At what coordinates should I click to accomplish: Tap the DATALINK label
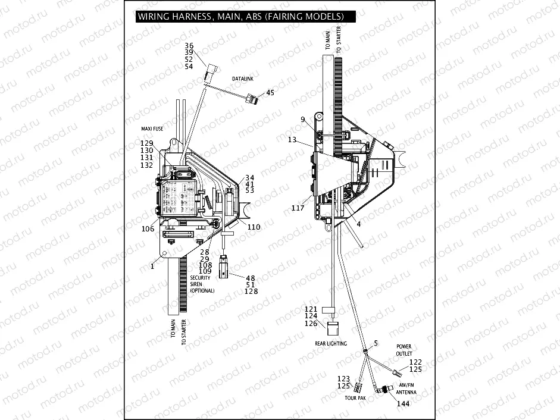243,78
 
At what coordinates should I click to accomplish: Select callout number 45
270,93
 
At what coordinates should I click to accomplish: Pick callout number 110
254,227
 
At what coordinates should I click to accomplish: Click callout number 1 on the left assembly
152,267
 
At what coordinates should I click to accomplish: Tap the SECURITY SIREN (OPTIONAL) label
202,284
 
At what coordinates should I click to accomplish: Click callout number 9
303,120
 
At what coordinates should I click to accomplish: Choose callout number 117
298,208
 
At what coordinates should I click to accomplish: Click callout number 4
358,224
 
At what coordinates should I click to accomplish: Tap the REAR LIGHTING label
331,343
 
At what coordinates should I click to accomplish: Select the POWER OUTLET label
404,350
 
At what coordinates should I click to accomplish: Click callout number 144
403,404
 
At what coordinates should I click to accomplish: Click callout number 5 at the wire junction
376,343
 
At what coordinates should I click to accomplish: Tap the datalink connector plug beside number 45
253,98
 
